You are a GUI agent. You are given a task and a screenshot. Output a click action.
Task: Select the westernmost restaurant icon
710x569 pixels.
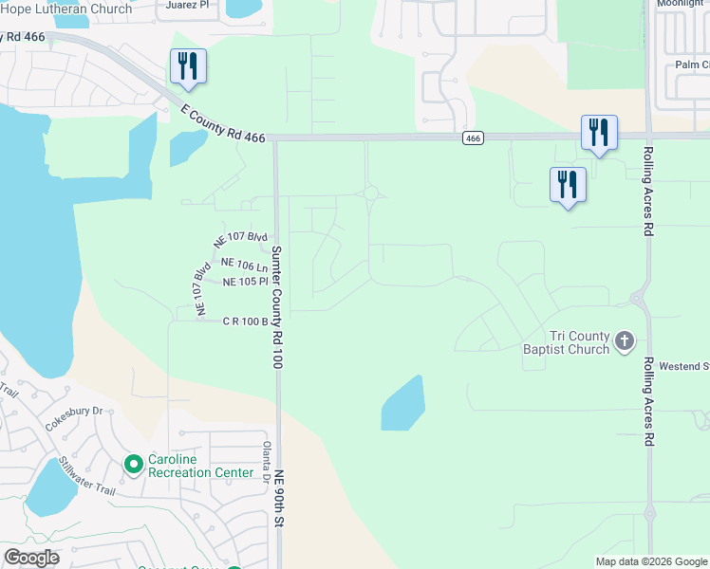click(188, 65)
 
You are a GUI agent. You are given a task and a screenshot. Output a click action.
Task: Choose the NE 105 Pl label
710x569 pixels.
click(246, 283)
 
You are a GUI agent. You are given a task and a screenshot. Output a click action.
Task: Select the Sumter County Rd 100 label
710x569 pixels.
click(277, 308)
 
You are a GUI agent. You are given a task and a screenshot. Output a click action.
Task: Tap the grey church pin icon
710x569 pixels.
click(624, 340)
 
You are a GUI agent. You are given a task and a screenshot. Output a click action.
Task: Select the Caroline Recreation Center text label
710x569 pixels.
click(201, 465)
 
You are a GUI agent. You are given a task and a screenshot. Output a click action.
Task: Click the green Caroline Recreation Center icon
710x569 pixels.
click(134, 464)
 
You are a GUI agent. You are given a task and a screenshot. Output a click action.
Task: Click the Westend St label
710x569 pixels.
click(685, 366)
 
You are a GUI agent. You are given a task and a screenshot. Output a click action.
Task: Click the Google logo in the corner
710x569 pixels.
click(31, 558)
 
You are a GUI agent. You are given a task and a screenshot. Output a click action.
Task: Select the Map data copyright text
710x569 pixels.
click(650, 561)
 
